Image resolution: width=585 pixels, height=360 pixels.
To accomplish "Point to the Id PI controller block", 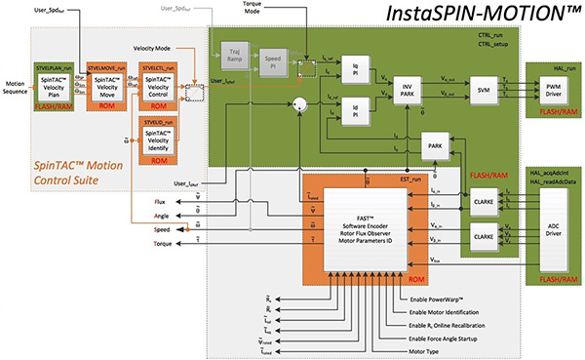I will (x=357, y=109).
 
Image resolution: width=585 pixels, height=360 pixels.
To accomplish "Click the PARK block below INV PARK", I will (x=435, y=145).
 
